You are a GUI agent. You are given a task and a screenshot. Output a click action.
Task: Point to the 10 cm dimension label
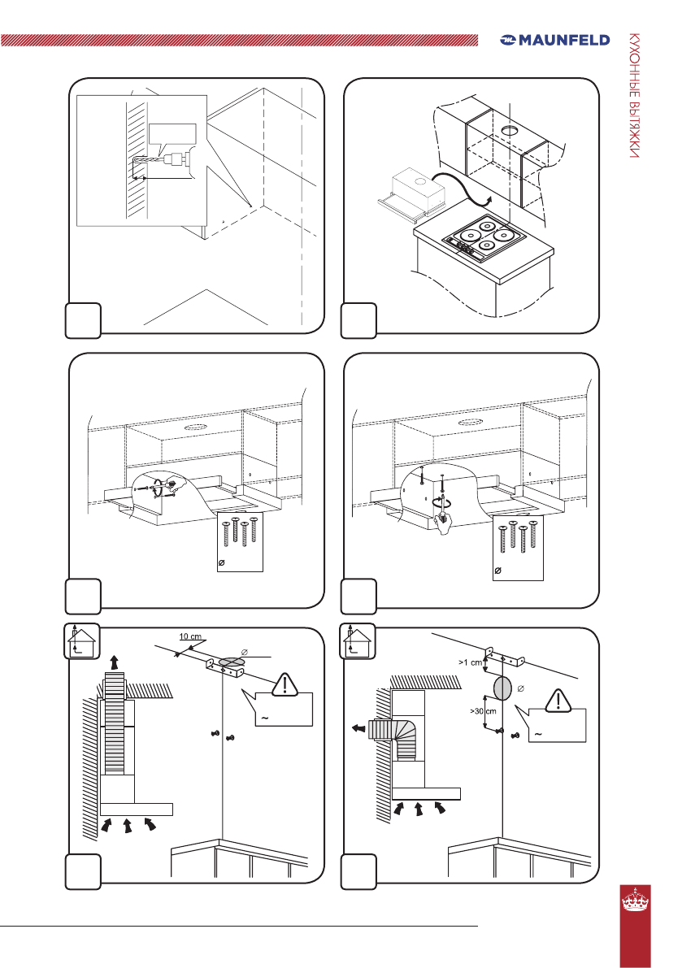click(192, 635)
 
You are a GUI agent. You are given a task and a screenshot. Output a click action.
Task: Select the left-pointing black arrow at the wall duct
click(357, 729)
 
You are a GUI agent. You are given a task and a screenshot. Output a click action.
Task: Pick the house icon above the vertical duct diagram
click(81, 641)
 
